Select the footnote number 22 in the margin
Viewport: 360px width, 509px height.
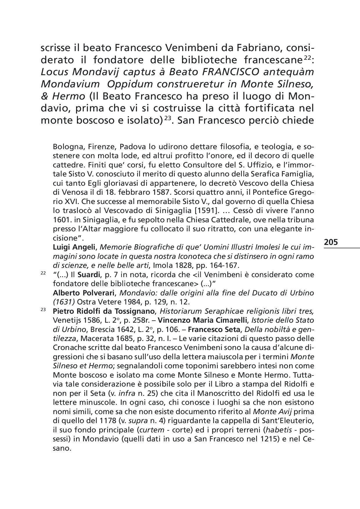pos(43,273)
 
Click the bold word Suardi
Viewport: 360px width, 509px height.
pos(90,275)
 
